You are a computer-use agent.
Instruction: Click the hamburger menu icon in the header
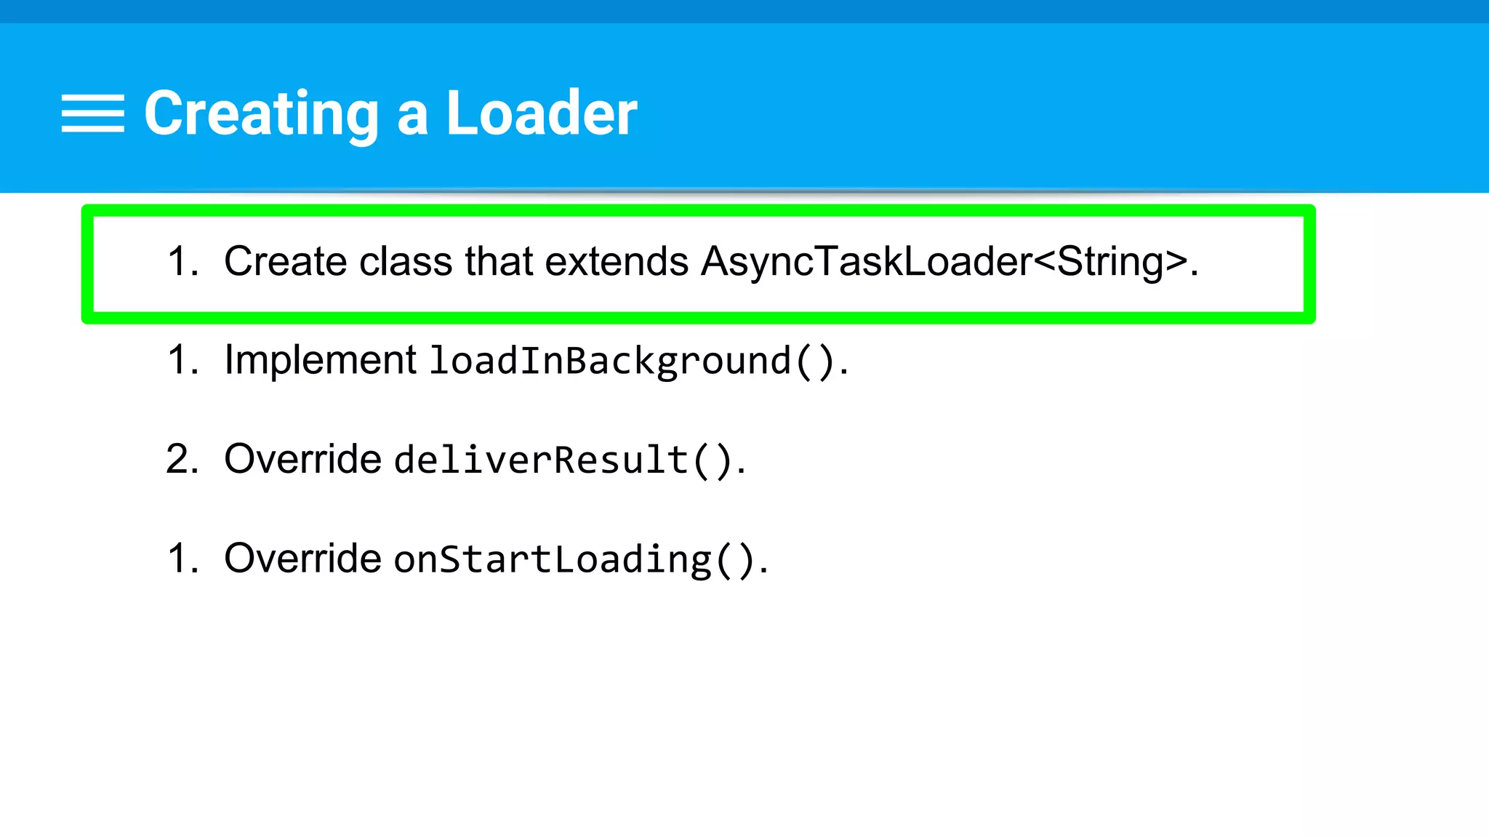click(x=93, y=113)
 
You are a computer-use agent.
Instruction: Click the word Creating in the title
click(x=261, y=113)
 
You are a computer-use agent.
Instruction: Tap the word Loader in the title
click(x=542, y=113)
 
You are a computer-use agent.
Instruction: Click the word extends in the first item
click(x=617, y=262)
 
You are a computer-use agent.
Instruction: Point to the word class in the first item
click(x=406, y=262)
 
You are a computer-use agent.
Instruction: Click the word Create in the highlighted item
click(x=286, y=262)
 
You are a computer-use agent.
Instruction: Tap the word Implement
click(x=320, y=360)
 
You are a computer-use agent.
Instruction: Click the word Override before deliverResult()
click(x=302, y=459)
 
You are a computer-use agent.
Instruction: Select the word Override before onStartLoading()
click(x=302, y=559)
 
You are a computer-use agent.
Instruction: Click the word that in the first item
click(x=499, y=262)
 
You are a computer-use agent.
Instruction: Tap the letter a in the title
click(x=412, y=116)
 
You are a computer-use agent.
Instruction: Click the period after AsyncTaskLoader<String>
click(x=1194, y=274)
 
